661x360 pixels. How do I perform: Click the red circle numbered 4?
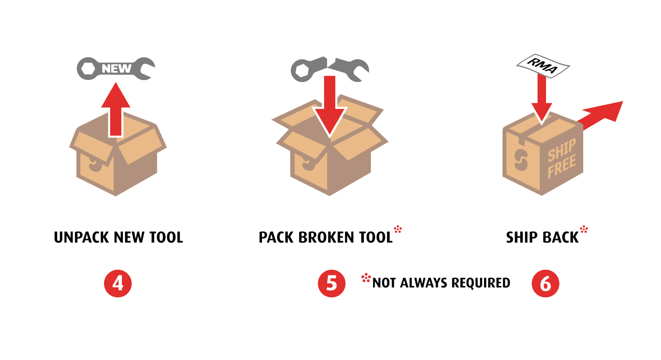pos(118,283)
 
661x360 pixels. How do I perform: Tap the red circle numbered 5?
pos(332,283)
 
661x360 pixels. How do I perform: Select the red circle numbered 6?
pos(545,283)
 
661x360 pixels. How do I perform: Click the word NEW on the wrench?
pos(116,69)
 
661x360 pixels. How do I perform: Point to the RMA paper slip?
pos(543,65)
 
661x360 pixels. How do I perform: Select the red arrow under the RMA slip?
pos(542,98)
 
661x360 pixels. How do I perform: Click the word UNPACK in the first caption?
pos(82,237)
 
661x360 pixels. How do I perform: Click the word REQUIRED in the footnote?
pos(481,283)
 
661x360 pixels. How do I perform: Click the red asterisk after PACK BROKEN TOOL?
pos(398,229)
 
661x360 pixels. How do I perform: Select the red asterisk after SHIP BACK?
pos(584,229)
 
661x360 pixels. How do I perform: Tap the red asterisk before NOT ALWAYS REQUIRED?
pos(366,278)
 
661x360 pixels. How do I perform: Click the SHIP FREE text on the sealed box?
pos(562,158)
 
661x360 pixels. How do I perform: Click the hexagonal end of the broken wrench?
pos(302,70)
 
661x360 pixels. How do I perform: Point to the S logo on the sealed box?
pos(521,160)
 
